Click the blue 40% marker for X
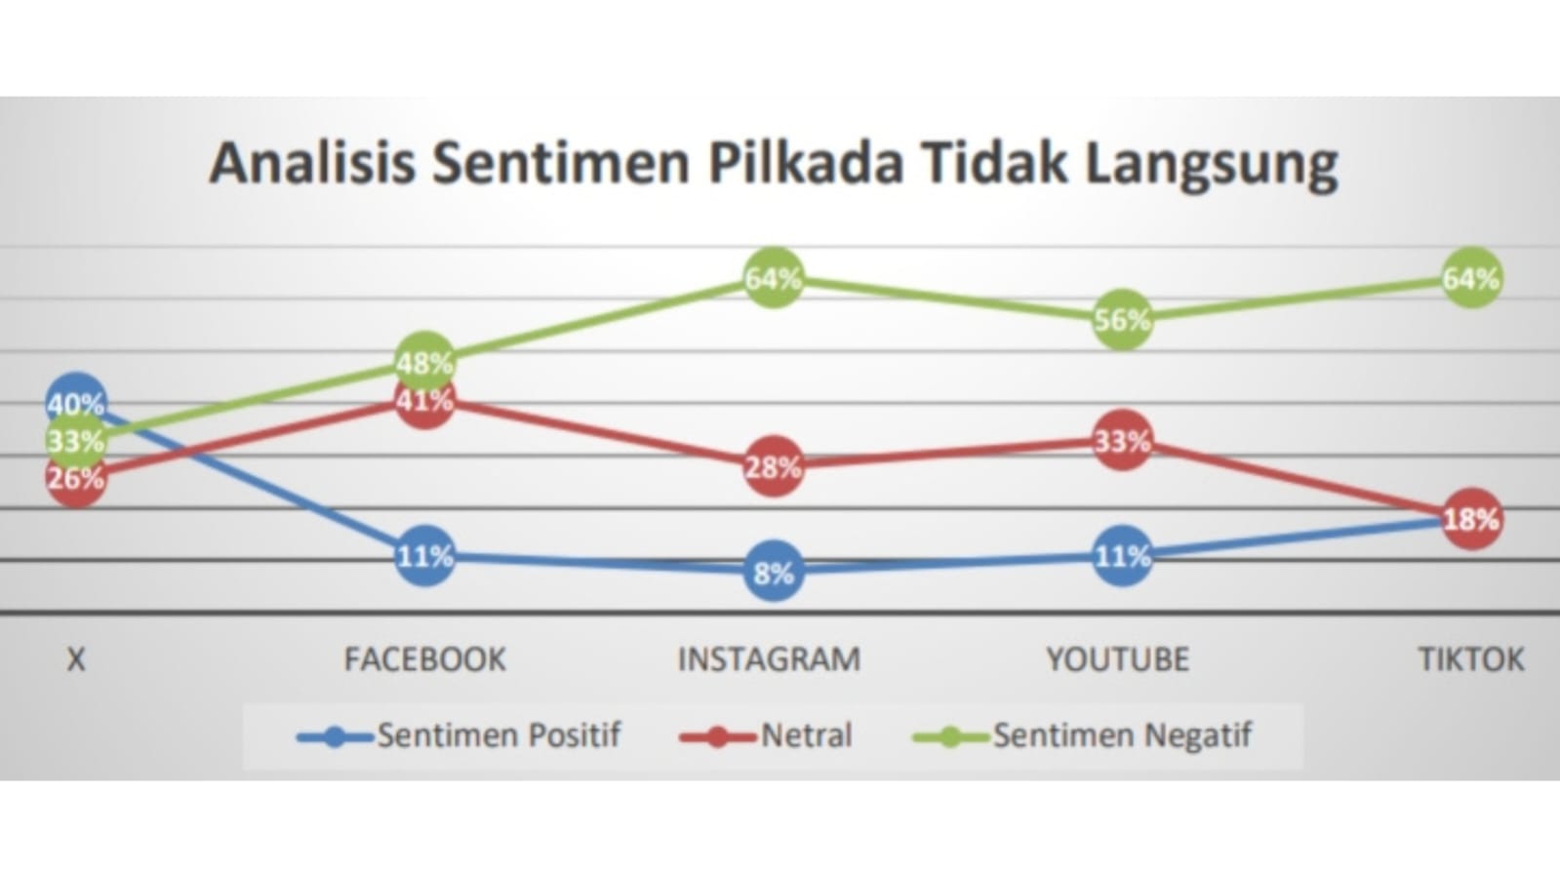(x=75, y=401)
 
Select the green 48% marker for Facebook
(x=424, y=362)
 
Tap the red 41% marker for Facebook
(x=424, y=400)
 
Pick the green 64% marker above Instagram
(x=773, y=278)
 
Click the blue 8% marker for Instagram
(x=773, y=572)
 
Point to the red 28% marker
(x=773, y=466)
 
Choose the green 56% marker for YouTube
(x=1122, y=319)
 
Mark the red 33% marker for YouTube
(x=1122, y=441)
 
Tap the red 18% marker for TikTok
(x=1471, y=518)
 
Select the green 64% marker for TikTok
(x=1471, y=278)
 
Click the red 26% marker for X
(x=75, y=478)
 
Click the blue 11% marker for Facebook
(x=424, y=556)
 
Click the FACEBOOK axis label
(x=424, y=659)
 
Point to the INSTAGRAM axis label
(x=769, y=659)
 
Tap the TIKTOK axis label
(x=1470, y=659)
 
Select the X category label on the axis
(x=75, y=659)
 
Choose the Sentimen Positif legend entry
(x=459, y=736)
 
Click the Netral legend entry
(x=766, y=736)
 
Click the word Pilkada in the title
(x=805, y=162)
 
